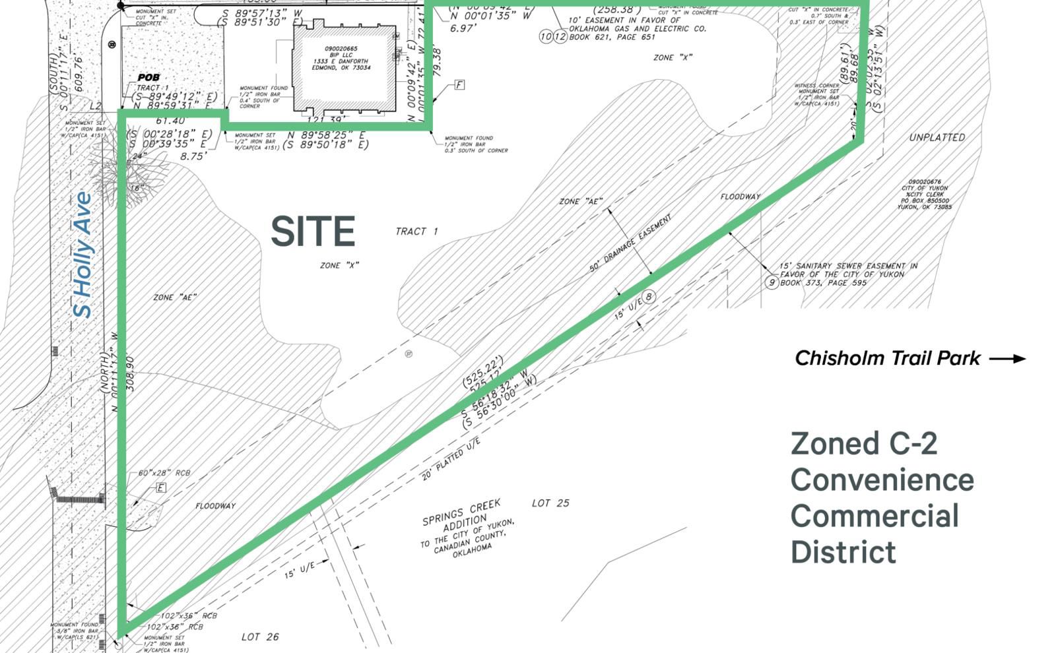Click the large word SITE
click(313, 232)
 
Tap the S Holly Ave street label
click(83, 255)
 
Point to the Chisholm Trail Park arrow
click(1008, 359)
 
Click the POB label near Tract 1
click(148, 78)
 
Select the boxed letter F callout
click(459, 85)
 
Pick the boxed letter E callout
click(160, 488)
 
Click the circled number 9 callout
click(772, 283)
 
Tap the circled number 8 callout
click(649, 297)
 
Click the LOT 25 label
click(550, 503)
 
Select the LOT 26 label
click(259, 637)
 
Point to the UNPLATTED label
click(937, 138)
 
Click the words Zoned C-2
click(863, 443)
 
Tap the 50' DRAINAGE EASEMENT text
click(630, 243)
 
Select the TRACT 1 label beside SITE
click(416, 232)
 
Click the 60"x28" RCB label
click(164, 473)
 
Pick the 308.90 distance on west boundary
click(130, 374)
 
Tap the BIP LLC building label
click(341, 55)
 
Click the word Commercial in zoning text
click(874, 516)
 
